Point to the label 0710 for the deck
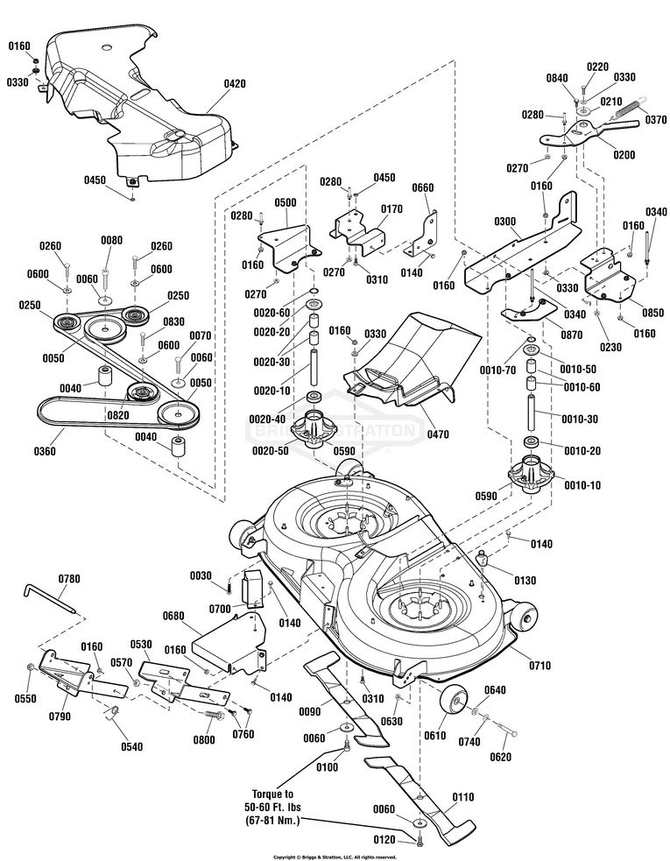click(x=540, y=666)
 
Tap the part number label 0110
click(x=462, y=797)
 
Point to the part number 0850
click(x=653, y=313)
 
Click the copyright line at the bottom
click(x=335, y=857)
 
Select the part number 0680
click(x=173, y=616)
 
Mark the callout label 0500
click(x=286, y=202)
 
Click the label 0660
click(x=423, y=187)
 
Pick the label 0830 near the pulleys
click(x=173, y=321)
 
